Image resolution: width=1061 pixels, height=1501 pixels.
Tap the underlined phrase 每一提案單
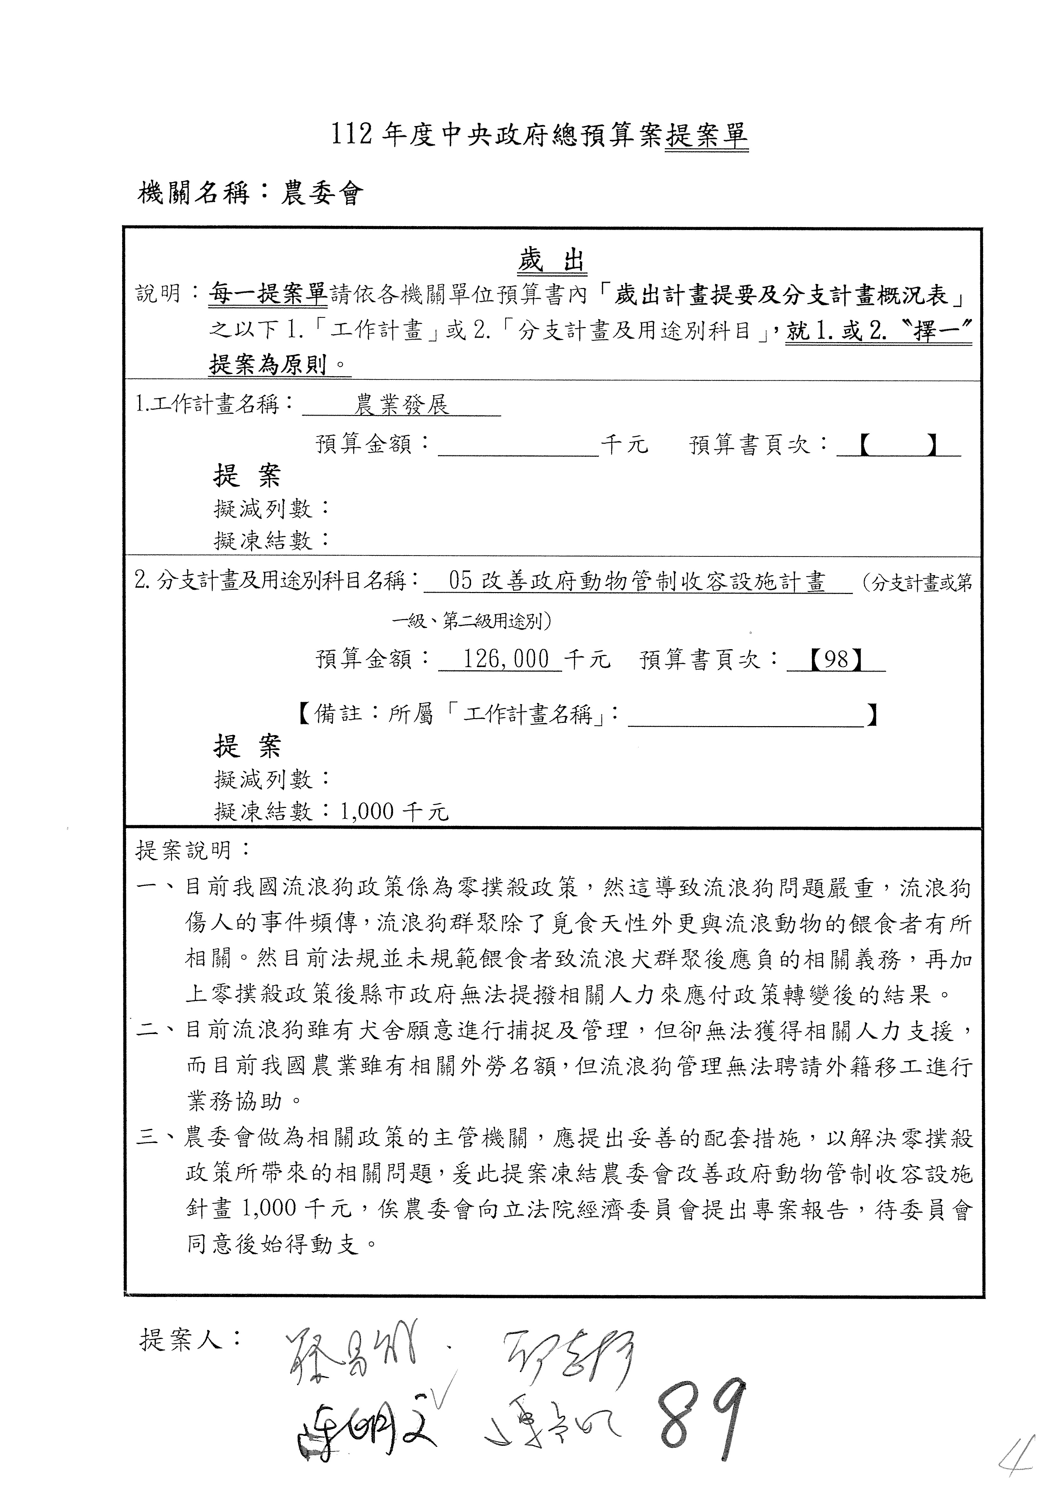tap(268, 295)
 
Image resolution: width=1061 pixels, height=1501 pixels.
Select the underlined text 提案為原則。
tap(279, 364)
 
